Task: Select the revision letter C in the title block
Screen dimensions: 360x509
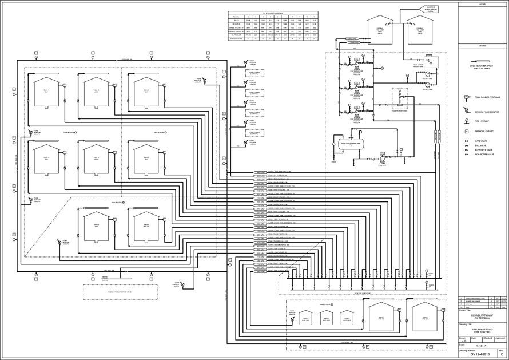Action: [501, 354]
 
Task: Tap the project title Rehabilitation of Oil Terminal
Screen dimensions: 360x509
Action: [479, 317]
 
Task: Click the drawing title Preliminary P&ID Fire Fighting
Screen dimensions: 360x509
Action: [479, 331]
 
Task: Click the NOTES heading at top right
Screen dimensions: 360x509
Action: [482, 4]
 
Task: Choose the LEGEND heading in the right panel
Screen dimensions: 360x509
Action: [482, 44]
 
